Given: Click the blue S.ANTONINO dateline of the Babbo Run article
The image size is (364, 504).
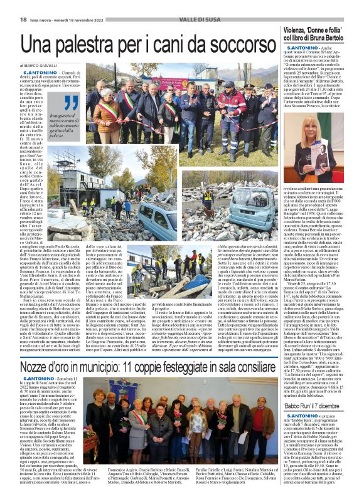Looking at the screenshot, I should (302, 416).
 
